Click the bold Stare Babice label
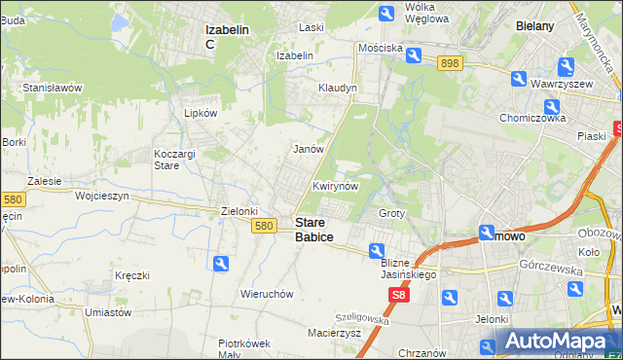coord(313,230)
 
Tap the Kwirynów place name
coord(337,186)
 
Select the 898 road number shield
coord(449,62)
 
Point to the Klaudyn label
coord(338,88)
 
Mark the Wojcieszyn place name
coord(102,196)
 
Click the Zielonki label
coord(239,211)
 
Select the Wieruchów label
coord(267,294)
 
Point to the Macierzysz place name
coord(334,333)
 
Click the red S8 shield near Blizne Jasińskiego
coord(398,293)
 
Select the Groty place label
coord(391,213)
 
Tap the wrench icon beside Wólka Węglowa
coord(386,12)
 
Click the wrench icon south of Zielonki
coord(221,263)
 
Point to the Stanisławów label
coord(53,88)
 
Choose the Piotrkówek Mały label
coord(243,348)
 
